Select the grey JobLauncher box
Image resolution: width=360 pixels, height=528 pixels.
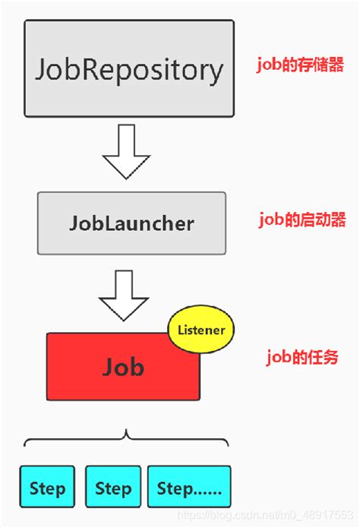(131, 223)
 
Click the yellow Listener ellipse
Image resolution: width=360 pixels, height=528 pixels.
(201, 330)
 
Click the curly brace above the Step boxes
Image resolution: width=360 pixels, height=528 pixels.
(126, 439)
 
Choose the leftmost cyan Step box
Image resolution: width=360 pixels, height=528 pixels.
(47, 487)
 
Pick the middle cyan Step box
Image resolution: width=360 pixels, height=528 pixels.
(112, 487)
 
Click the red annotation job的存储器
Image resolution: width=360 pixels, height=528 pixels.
(301, 65)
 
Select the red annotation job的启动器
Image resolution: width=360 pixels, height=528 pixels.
(302, 220)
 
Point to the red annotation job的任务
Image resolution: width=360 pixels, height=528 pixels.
(301, 358)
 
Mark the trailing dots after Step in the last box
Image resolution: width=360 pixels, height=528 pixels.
(204, 490)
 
